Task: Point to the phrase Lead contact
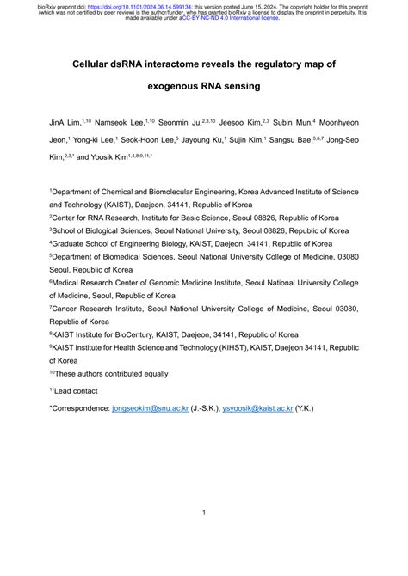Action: click(x=78, y=391)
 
